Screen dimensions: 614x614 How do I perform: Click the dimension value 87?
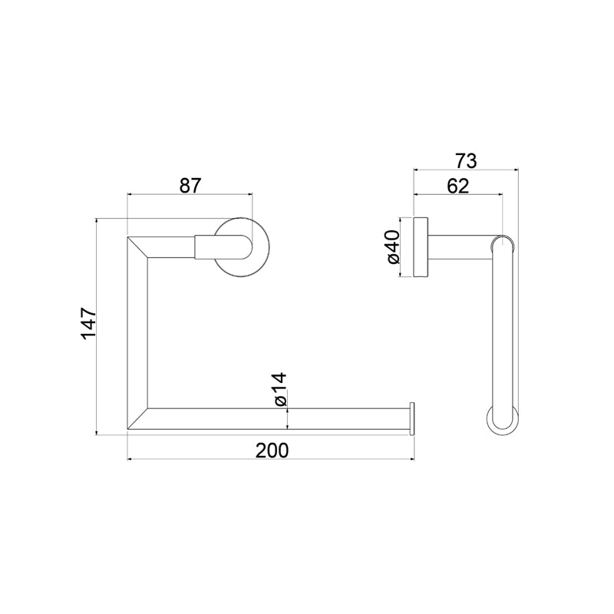pyautogui.click(x=190, y=185)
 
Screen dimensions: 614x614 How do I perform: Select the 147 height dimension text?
pyautogui.click(x=88, y=323)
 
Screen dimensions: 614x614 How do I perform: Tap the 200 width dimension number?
pyautogui.click(x=272, y=451)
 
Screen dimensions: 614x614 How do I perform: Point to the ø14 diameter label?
pyautogui.click(x=280, y=389)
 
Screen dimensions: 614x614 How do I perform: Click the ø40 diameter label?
pyautogui.click(x=393, y=246)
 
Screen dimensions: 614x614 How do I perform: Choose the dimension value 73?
pyautogui.click(x=466, y=161)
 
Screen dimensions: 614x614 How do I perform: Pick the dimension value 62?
pyautogui.click(x=457, y=186)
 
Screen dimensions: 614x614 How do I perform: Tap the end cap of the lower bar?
pyautogui.click(x=412, y=418)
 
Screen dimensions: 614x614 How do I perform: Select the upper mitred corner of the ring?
pyautogui.click(x=137, y=247)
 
